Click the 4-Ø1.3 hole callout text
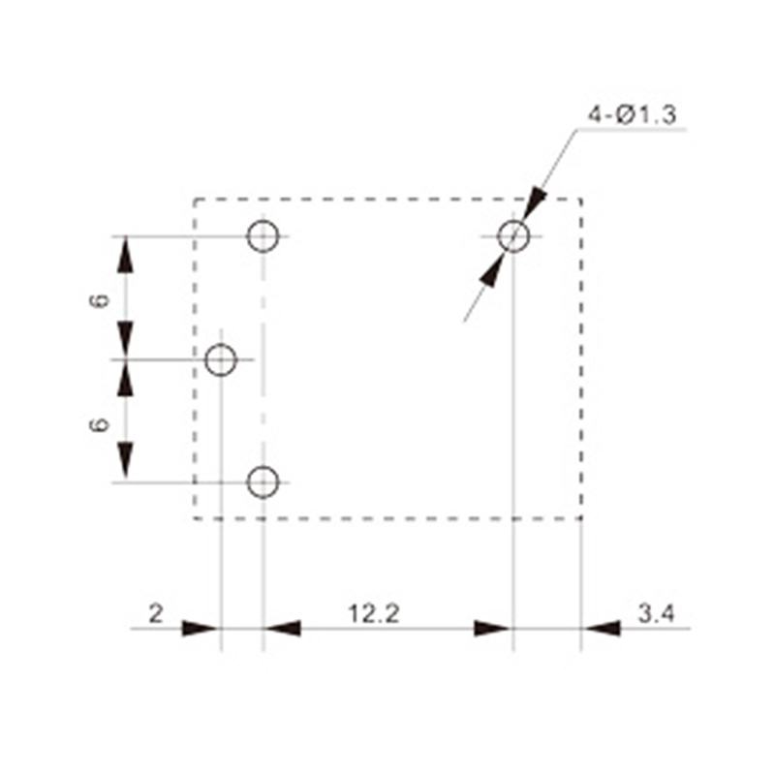pyautogui.click(x=632, y=115)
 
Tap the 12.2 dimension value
pyautogui.click(x=374, y=614)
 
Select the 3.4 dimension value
pyautogui.click(x=656, y=614)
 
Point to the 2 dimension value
pyautogui.click(x=156, y=614)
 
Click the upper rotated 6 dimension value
pyautogui.click(x=100, y=300)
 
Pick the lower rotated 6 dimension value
pyautogui.click(x=100, y=424)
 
